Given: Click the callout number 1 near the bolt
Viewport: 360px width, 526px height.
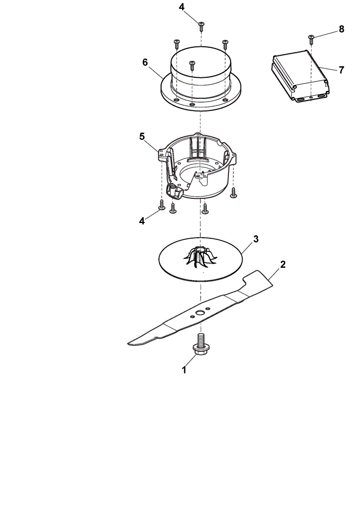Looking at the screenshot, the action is pyautogui.click(x=184, y=370).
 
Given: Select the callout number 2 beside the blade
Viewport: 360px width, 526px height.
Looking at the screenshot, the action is pyautogui.click(x=283, y=265).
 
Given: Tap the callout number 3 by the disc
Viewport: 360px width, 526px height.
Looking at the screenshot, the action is pyautogui.click(x=256, y=239).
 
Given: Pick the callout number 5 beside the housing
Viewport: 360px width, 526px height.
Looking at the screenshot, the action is pyautogui.click(x=142, y=137).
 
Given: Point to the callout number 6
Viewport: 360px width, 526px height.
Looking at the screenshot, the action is pyautogui.click(x=145, y=63).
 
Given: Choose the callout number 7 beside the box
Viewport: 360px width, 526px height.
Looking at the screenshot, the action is pyautogui.click(x=342, y=70).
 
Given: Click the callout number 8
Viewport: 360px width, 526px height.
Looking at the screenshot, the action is pyautogui.click(x=342, y=29).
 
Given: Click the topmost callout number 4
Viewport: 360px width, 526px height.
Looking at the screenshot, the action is pyautogui.click(x=182, y=7).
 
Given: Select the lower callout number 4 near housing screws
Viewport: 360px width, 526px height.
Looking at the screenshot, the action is pyautogui.click(x=142, y=221).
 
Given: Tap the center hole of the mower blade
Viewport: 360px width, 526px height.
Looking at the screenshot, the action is pyautogui.click(x=201, y=312).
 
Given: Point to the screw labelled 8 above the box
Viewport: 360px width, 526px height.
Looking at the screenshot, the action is pyautogui.click(x=311, y=39).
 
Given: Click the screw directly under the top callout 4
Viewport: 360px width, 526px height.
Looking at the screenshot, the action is pyautogui.click(x=201, y=26).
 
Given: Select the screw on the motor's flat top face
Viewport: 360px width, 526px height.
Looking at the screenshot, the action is pyautogui.click(x=192, y=65).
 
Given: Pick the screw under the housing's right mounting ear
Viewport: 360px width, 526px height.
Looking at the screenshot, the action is pyautogui.click(x=234, y=193).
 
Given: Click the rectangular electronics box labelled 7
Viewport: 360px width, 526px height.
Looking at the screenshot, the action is pyautogui.click(x=300, y=76).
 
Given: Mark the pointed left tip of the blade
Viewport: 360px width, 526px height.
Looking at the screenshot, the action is pyautogui.click(x=128, y=343).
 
